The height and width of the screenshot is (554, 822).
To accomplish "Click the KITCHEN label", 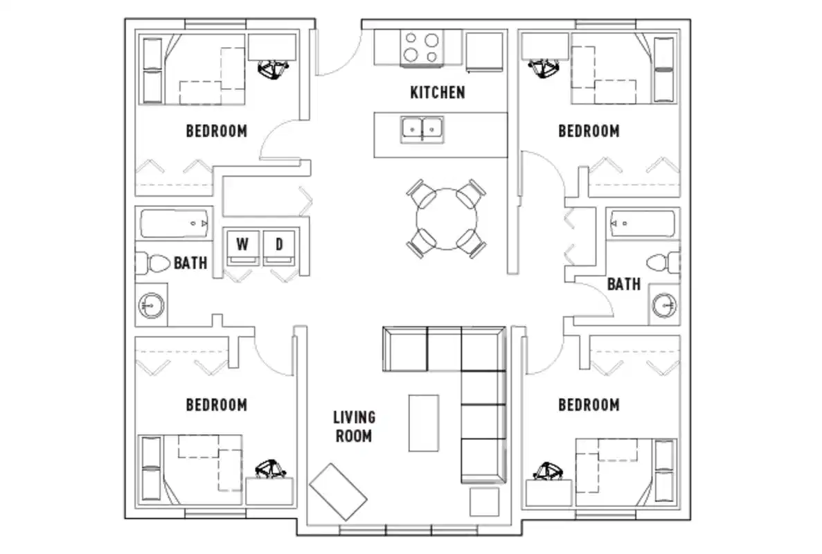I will click(438, 92).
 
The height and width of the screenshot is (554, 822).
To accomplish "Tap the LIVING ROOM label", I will click(354, 427).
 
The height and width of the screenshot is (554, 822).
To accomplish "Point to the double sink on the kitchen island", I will click(422, 129).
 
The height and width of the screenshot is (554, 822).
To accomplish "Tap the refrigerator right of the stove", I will click(485, 50).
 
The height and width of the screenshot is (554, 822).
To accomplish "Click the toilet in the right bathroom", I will click(661, 263).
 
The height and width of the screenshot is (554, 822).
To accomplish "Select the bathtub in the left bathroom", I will click(175, 224).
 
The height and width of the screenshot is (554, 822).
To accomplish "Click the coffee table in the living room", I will click(424, 422).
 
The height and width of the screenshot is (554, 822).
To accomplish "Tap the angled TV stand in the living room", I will click(338, 492).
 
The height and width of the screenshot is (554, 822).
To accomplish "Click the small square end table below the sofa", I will click(484, 501).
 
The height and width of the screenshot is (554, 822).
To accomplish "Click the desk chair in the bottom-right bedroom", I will click(550, 472).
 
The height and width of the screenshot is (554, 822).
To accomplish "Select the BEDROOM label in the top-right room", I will click(589, 131).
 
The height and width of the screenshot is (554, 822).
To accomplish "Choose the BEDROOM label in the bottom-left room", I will click(216, 404).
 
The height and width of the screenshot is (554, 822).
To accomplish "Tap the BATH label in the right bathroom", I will click(623, 284).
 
